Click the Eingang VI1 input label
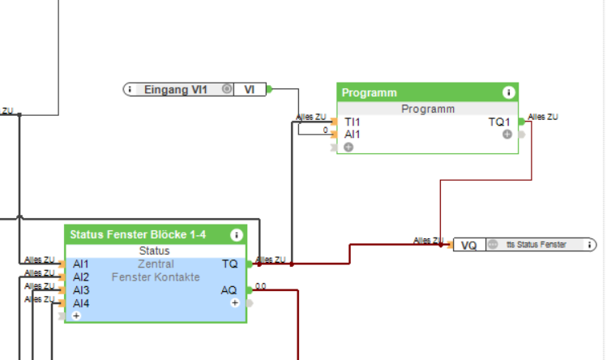pyautogui.click(x=175, y=89)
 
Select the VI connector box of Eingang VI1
pyautogui.click(x=250, y=89)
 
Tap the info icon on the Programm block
pyautogui.click(x=509, y=92)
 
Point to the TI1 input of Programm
pyautogui.click(x=353, y=122)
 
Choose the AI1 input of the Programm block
pyautogui.click(x=353, y=134)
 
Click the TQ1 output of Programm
pyautogui.click(x=499, y=122)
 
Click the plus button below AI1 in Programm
pyautogui.click(x=348, y=147)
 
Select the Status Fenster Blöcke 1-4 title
pyautogui.click(x=138, y=235)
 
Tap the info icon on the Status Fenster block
pyautogui.click(x=237, y=235)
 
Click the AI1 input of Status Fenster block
pyautogui.click(x=80, y=264)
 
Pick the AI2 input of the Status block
pyautogui.click(x=80, y=276)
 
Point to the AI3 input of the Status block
pyautogui.click(x=80, y=289)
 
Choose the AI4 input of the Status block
pyautogui.click(x=80, y=302)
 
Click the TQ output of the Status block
pyautogui.click(x=229, y=264)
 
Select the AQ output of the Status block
pyautogui.click(x=229, y=289)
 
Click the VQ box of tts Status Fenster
pyautogui.click(x=468, y=245)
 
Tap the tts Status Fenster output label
pyautogui.click(x=536, y=245)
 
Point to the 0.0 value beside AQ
pyautogui.click(x=261, y=285)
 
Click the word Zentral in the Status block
pyautogui.click(x=156, y=264)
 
